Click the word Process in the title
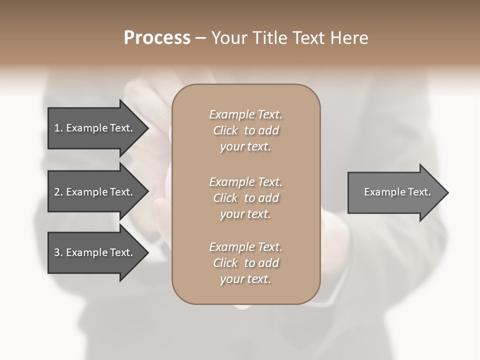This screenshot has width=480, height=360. (x=157, y=38)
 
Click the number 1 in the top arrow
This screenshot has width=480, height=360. (x=57, y=128)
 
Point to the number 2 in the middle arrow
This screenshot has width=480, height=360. (x=57, y=192)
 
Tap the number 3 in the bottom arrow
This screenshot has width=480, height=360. (x=57, y=252)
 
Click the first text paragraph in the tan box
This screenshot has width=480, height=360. (x=245, y=130)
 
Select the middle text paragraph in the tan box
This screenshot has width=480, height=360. (x=245, y=197)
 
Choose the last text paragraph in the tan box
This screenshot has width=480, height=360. (x=245, y=263)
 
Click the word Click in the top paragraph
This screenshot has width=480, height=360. (x=225, y=130)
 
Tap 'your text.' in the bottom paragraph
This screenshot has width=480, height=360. (x=245, y=279)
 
